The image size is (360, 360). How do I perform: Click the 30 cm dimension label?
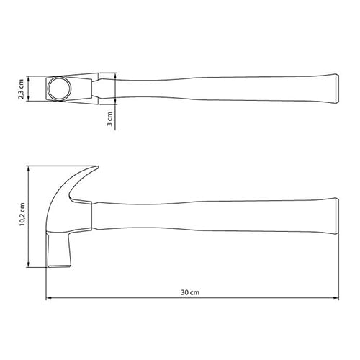point(190,292)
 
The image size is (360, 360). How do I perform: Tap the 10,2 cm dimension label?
point(22,215)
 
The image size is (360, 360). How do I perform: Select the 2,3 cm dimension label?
point(22,89)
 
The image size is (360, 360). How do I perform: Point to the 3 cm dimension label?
point(109,119)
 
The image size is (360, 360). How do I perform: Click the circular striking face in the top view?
point(60,89)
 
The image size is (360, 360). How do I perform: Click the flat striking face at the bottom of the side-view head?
point(59,266)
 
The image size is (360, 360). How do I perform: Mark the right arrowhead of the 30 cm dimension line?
point(336,298)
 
